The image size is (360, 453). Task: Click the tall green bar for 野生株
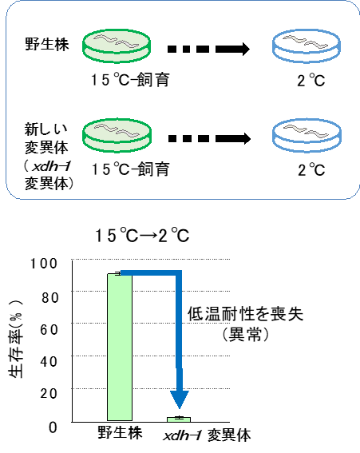tap(120, 347)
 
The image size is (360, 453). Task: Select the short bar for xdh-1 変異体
tap(179, 419)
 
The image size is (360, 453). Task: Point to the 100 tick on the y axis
tap(44, 264)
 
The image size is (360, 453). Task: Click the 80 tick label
tap(49, 297)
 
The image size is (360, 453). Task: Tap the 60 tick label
tap(49, 329)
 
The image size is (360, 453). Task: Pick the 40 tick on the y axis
tap(49, 361)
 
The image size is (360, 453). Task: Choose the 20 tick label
tap(49, 393)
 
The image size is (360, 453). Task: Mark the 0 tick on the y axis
tap(53, 427)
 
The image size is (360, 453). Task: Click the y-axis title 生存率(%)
tap(16, 339)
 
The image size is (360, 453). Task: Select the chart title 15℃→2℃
tap(142, 235)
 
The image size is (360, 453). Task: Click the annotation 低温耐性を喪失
tap(245, 314)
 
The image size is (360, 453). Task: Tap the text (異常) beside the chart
tap(246, 335)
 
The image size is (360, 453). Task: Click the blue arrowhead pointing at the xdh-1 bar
tap(180, 399)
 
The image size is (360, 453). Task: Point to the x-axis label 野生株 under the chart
tap(120, 433)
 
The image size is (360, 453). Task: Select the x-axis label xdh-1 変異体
tap(207, 435)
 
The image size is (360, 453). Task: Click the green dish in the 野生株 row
tap(117, 46)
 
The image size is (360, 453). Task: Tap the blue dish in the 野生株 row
tap(307, 46)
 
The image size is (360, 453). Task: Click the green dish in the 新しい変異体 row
tap(117, 135)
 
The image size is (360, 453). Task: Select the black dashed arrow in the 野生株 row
tap(208, 49)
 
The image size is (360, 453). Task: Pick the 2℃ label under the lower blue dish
tap(311, 169)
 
